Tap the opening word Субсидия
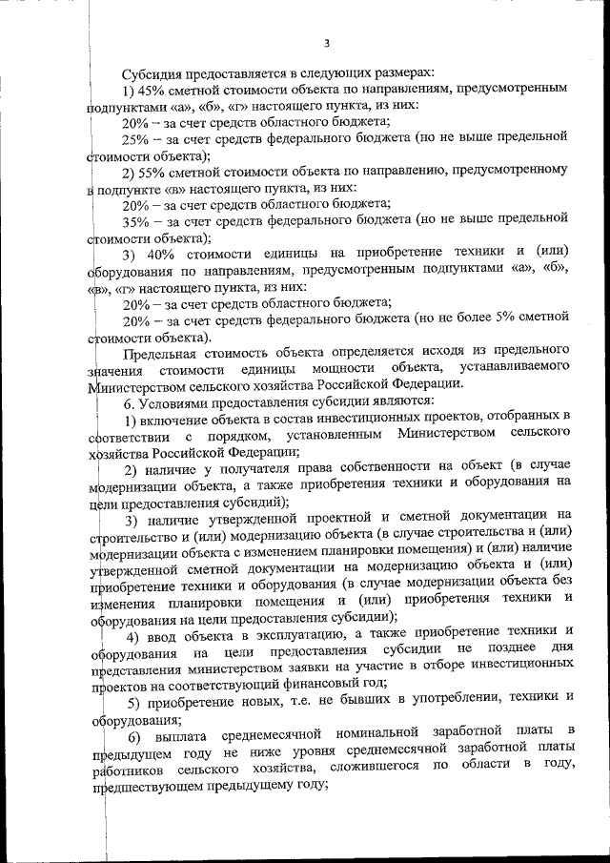click(154, 73)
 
